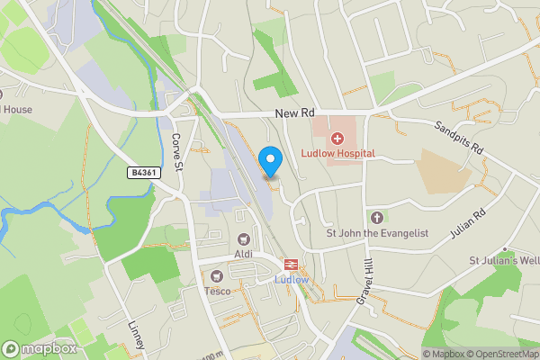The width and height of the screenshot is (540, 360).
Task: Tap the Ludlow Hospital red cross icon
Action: pos(337,139)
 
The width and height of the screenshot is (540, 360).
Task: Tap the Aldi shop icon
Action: pos(243,239)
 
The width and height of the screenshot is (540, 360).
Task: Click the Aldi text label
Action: pos(243,255)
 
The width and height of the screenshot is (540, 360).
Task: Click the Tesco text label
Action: pos(217,291)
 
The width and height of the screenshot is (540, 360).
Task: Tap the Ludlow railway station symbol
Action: pos(291,264)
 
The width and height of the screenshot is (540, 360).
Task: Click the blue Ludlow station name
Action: pos(291,279)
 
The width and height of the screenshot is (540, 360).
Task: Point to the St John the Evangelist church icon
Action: pos(376,218)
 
